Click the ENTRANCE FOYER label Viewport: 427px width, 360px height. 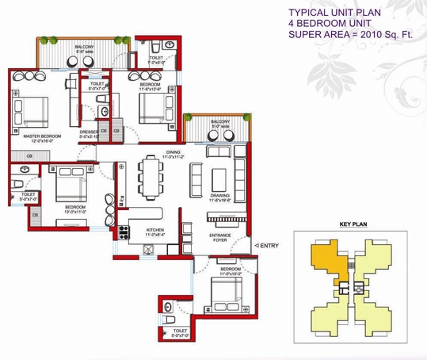[x=219, y=238]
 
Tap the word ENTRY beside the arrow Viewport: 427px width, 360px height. [x=269, y=245]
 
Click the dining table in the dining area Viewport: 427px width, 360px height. [x=151, y=177]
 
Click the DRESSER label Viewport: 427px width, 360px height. [x=89, y=132]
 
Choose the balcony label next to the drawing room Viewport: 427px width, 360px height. [x=219, y=123]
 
